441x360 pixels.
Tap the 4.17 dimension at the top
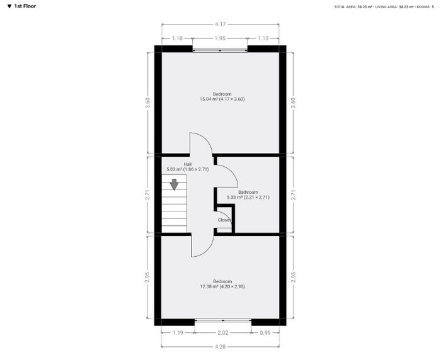220,25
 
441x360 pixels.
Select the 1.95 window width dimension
220,38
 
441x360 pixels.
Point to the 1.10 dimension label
177,38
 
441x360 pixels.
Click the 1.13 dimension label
263,38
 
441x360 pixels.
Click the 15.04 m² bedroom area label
222,99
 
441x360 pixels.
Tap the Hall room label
188,164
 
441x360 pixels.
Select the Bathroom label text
248,192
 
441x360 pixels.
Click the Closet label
224,220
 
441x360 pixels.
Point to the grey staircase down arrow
175,184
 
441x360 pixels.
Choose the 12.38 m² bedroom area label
222,286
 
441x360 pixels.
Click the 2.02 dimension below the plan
223,333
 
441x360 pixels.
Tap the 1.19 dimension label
178,333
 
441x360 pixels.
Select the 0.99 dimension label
265,333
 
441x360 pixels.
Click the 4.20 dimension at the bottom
220,347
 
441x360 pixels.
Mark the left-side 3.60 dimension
148,103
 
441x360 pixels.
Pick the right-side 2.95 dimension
293,277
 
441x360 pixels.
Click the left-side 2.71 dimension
148,195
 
